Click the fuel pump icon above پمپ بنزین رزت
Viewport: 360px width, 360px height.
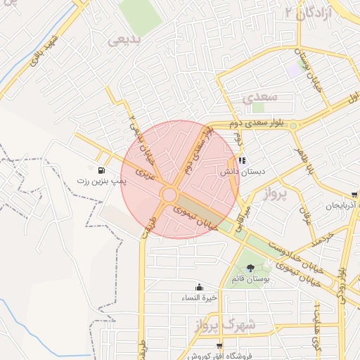[x=103, y=170]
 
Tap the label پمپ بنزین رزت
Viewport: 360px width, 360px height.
[x=102, y=181]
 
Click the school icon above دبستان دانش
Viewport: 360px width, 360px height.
[x=243, y=161]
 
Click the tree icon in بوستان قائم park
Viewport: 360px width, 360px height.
[x=251, y=268]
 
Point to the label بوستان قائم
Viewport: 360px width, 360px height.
[x=251, y=279]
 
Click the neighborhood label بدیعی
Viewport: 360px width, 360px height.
[x=125, y=40]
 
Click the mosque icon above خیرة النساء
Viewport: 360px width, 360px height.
[x=200, y=287]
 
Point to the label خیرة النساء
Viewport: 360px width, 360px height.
[x=200, y=298]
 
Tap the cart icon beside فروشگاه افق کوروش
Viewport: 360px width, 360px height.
[x=220, y=346]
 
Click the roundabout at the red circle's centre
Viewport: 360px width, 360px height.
[x=169, y=194]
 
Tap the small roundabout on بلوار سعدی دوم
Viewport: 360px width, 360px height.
[x=293, y=125]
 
